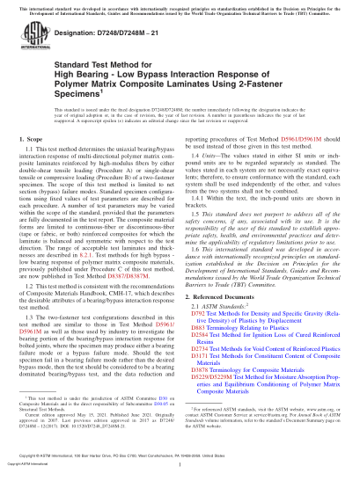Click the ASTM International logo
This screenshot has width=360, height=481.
coord(32,42)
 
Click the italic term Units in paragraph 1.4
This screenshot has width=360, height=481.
coord(214,175)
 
